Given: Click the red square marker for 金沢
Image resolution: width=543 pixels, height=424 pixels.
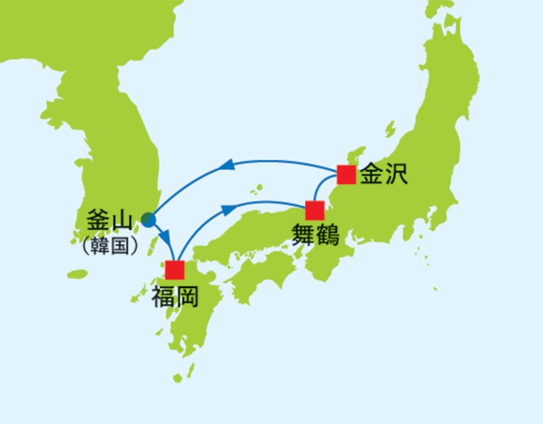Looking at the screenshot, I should tap(346, 174).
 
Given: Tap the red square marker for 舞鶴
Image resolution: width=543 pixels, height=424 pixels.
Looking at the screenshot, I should tap(314, 211).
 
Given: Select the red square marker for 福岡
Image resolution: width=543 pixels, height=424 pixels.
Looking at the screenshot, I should tap(174, 269).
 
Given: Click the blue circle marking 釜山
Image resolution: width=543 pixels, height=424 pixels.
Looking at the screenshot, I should tap(148, 219).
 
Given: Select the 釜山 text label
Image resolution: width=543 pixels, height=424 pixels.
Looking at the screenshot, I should tap(110, 219).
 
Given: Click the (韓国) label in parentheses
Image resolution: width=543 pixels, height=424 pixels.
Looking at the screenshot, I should tap(110, 245).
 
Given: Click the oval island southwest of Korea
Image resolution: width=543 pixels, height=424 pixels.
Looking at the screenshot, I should tap(77, 274).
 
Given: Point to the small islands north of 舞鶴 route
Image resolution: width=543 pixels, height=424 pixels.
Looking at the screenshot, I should tap(254, 190).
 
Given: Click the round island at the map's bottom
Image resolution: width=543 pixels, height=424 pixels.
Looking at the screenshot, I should tap(178, 378).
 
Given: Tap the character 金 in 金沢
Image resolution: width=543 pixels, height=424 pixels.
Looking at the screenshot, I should tap(371, 174).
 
